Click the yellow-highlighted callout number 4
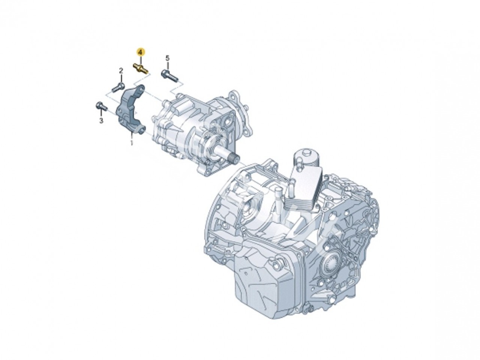[141, 52]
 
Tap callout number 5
[167, 58]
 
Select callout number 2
[121, 71]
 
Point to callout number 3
[101, 120]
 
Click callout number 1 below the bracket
[132, 143]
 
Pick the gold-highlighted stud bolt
[140, 68]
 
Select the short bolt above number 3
[102, 106]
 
